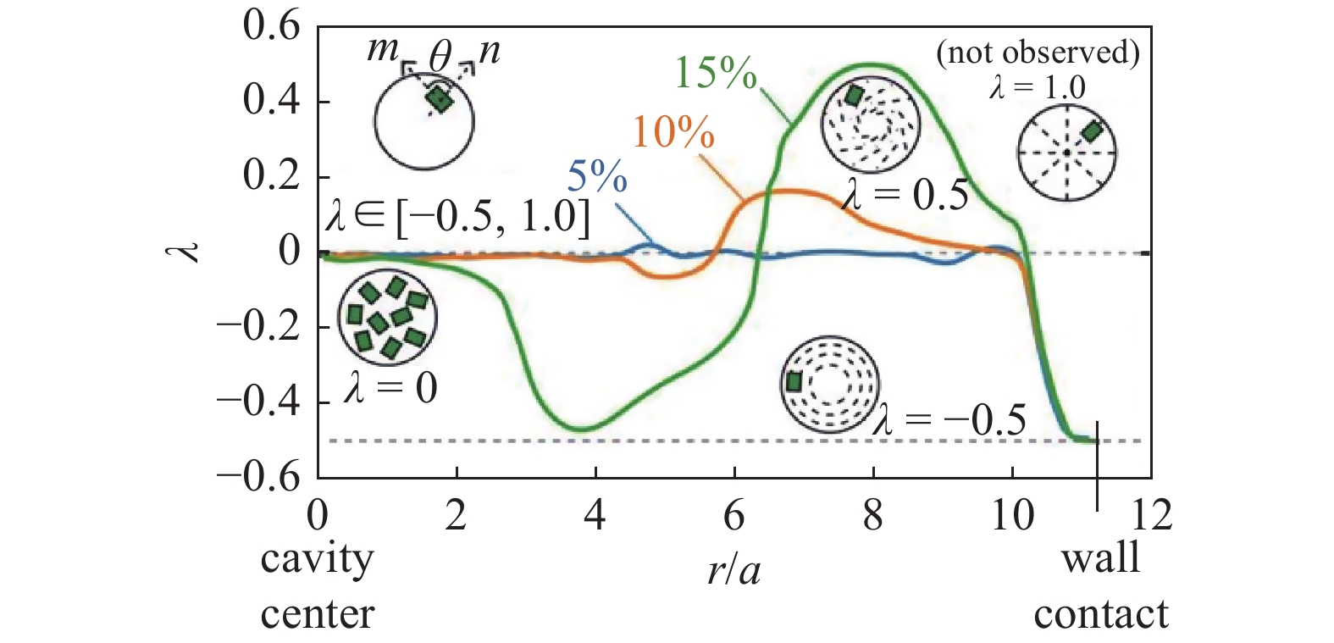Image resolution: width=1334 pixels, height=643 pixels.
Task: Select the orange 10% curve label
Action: tap(673, 132)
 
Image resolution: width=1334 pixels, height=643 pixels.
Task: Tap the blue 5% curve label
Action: tap(597, 177)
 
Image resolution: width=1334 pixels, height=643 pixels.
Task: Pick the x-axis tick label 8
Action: tap(872, 514)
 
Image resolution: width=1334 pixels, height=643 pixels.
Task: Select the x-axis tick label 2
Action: tap(457, 514)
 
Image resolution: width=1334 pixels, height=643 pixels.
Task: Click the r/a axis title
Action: tap(733, 571)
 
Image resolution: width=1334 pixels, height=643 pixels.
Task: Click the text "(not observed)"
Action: tap(1038, 53)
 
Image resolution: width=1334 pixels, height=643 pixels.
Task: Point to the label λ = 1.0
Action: tap(1038, 86)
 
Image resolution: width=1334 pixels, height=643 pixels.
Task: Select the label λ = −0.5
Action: tap(949, 420)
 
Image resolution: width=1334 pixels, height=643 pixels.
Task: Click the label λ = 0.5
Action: tap(905, 196)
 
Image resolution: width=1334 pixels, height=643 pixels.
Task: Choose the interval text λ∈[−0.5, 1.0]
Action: tap(457, 217)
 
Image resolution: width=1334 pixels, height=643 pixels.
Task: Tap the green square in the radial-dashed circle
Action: tap(1092, 131)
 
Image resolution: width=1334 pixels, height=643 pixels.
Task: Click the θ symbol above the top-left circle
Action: tap(440, 58)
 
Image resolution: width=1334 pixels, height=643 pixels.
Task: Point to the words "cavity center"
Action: tap(317, 586)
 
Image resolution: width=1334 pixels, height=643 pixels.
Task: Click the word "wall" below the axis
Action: tap(1100, 558)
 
